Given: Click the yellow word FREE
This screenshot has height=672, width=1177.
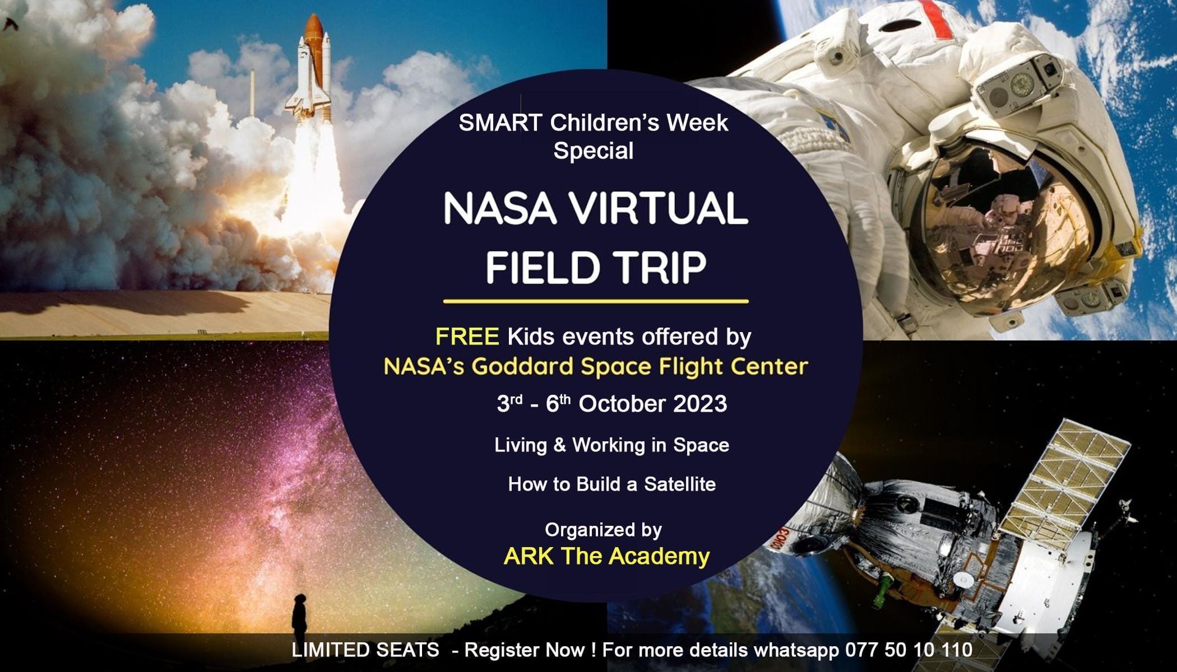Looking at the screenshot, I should pos(467,337).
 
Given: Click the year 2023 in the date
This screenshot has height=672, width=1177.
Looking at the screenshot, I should pos(700,404).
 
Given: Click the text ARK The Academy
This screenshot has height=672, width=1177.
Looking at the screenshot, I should pos(606,556).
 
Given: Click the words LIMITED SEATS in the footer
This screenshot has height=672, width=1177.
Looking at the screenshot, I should pos(365,650).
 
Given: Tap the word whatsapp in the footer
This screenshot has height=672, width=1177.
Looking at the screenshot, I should pos(796,650).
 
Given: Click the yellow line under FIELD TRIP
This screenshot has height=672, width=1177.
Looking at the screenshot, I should pos(595,301).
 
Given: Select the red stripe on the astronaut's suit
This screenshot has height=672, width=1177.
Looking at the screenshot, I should pos(937,20).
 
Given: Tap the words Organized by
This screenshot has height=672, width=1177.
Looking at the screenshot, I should pos(603,530).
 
